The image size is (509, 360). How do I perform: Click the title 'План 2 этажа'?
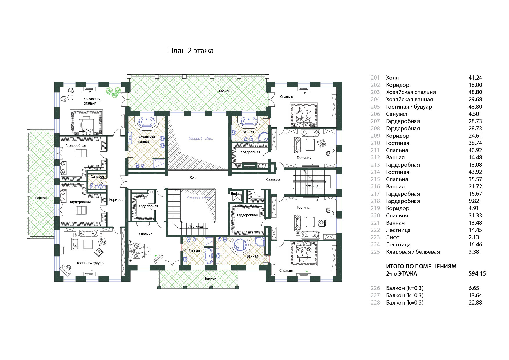click(x=191, y=51)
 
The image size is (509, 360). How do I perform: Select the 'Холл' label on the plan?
click(x=193, y=177)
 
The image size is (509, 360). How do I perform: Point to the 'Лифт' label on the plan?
click(x=235, y=194)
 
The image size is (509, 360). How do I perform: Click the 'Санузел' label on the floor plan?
click(x=97, y=177)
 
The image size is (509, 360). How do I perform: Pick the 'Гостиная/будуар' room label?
click(x=90, y=263)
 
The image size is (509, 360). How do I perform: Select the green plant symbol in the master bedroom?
click(x=113, y=91)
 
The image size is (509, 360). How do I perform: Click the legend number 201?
click(x=375, y=78)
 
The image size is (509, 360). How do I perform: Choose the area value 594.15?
click(x=477, y=273)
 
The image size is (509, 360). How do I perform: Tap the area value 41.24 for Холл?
click(x=475, y=78)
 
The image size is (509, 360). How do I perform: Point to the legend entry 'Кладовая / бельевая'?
click(x=413, y=252)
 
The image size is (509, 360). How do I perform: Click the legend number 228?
click(x=375, y=303)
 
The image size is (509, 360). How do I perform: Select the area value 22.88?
click(x=475, y=303)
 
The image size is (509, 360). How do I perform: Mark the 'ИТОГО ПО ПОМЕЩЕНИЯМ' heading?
click(x=421, y=266)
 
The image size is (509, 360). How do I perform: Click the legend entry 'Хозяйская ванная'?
click(x=409, y=99)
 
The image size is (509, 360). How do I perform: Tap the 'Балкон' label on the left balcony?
click(x=41, y=198)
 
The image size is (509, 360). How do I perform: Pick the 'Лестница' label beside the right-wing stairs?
click(x=311, y=186)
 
